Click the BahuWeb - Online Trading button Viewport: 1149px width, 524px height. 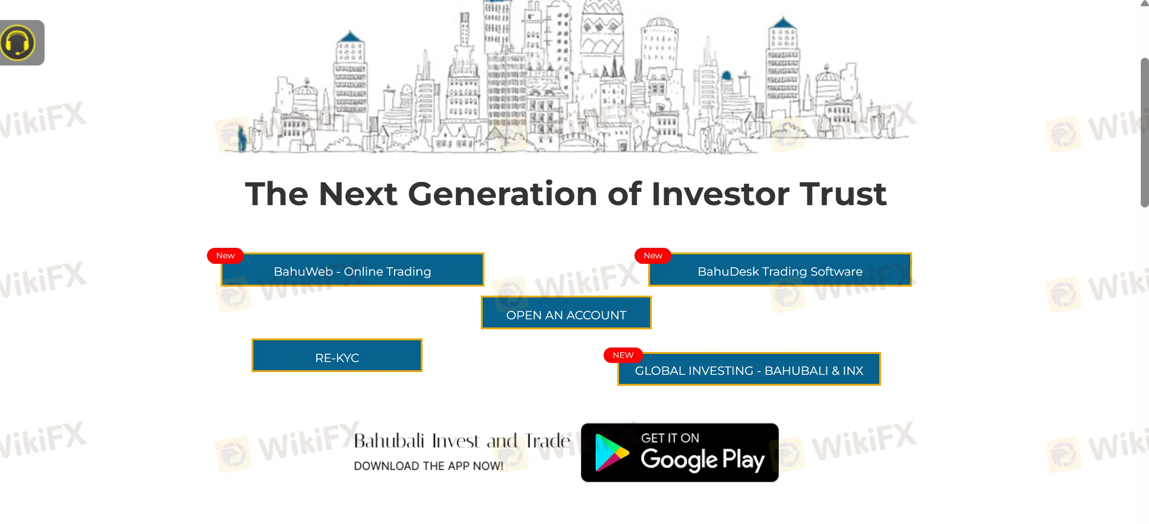point(352,271)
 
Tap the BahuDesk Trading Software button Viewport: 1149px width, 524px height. point(780,271)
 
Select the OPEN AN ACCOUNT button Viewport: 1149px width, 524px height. point(566,314)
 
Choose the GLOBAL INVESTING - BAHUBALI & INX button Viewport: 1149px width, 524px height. point(749,370)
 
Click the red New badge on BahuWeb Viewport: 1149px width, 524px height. point(225,256)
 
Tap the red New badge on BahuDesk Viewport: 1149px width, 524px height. point(653,256)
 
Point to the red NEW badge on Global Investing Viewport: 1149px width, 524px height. point(623,355)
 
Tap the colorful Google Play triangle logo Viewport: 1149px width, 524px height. point(610,453)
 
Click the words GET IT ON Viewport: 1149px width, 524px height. point(670,438)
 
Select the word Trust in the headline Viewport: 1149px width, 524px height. point(842,194)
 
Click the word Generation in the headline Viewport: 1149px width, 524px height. point(502,194)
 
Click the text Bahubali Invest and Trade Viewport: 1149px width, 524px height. point(461,441)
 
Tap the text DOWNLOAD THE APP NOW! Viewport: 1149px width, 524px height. point(428,466)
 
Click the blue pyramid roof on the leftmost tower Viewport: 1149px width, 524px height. point(350,36)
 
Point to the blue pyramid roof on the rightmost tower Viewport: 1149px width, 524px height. point(782,23)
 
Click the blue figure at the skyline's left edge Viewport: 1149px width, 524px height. point(242,139)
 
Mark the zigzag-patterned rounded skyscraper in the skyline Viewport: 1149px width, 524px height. point(601,32)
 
